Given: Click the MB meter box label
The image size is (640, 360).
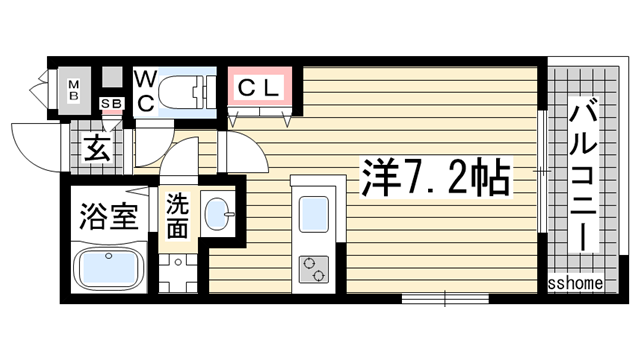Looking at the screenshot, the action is pos(74,91).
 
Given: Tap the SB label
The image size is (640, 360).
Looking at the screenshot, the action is pos(112,104).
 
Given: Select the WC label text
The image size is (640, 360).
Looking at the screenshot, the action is pos(145,91).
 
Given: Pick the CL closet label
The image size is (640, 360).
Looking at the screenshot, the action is pos(260,88).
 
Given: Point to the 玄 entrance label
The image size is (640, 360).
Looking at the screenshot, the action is pos(97,149).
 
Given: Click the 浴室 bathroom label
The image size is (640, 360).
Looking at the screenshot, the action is pos(109,215).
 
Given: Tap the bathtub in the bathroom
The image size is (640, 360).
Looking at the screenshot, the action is pos(109,267).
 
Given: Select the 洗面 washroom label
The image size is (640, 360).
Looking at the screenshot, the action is pos(178,216).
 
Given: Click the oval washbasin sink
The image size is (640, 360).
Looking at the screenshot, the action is pos(219,214).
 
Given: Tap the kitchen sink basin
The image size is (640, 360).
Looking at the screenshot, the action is pos(314,214).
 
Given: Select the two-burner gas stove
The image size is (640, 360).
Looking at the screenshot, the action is pos(313,269).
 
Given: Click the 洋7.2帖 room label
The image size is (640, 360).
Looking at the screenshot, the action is pos(436,178).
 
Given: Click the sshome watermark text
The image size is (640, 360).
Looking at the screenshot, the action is pos(575,283).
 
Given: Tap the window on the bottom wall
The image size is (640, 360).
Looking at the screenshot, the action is pos(445,298).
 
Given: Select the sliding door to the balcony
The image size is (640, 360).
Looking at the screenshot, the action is pos(542,171).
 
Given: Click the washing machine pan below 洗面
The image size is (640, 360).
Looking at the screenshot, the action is pos(178,273).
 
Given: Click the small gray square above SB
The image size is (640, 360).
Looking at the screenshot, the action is pos(112,77).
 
